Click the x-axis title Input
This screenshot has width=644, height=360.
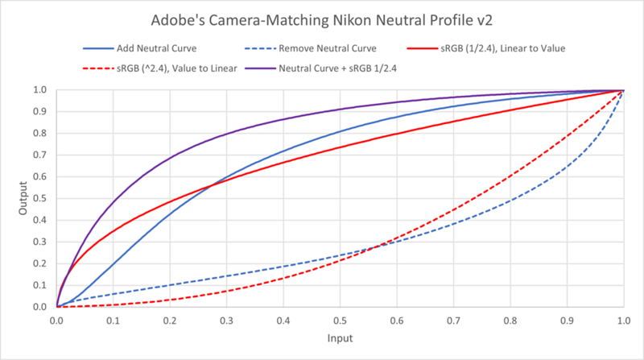[x=340, y=341]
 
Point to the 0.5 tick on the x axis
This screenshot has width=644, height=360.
[x=340, y=320]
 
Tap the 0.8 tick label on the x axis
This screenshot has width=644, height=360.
[x=510, y=320]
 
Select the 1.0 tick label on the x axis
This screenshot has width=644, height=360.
[x=623, y=320]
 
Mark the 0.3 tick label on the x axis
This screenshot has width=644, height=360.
[x=226, y=320]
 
